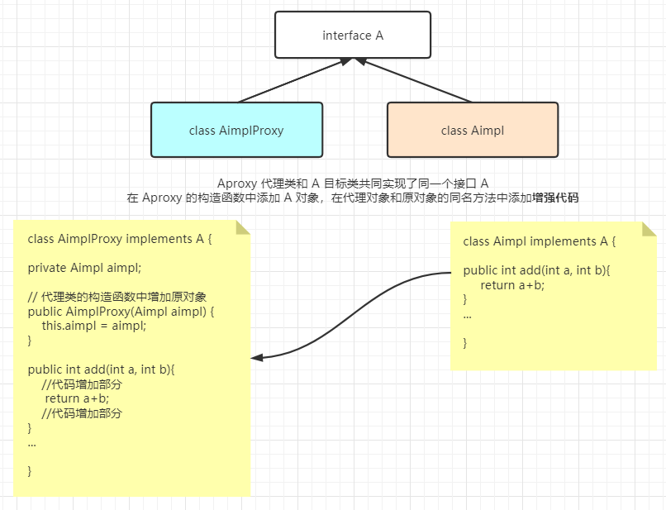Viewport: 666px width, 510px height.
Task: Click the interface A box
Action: tap(353, 36)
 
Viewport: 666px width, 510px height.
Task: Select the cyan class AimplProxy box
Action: tap(236, 130)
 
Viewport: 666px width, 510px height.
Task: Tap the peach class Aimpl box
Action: tap(473, 130)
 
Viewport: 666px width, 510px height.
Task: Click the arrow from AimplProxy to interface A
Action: tap(293, 81)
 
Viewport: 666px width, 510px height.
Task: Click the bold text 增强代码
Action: tap(555, 198)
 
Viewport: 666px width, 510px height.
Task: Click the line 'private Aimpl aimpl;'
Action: tap(84, 267)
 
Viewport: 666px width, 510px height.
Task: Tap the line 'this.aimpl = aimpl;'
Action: tap(94, 326)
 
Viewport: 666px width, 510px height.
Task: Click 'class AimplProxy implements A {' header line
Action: tap(120, 239)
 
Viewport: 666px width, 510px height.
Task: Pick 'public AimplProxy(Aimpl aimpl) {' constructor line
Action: tap(121, 312)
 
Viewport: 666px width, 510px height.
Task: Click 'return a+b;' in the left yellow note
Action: tap(77, 398)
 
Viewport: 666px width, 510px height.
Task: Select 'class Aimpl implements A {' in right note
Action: tap(540, 241)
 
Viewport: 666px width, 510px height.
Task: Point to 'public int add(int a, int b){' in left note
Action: tap(102, 369)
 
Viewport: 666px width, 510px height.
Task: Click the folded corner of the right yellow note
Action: tap(649, 228)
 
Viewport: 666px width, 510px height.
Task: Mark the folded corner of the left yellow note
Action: tap(243, 227)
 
